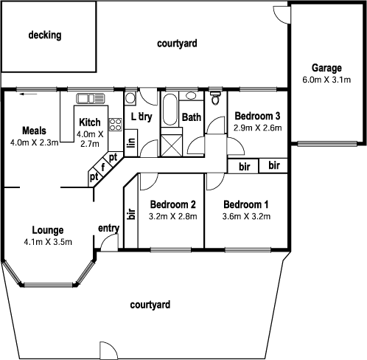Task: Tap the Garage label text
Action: click(326, 68)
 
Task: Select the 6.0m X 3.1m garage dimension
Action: click(326, 80)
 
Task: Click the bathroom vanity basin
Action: click(190, 97)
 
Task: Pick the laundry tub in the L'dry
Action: click(130, 97)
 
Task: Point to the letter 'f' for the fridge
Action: click(103, 167)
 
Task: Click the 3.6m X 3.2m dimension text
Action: click(246, 217)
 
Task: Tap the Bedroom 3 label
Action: click(257, 116)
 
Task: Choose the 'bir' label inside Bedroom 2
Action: click(132, 215)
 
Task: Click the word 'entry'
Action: click(108, 228)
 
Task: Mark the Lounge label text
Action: click(47, 229)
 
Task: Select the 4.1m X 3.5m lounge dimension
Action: click(47, 241)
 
